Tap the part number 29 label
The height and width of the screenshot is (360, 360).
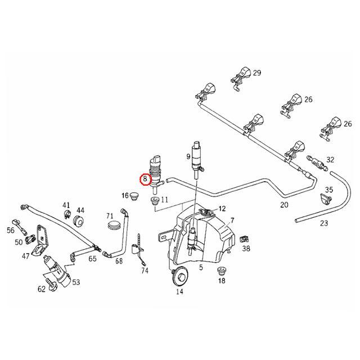coord(257,74)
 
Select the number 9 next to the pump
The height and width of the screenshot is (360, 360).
coord(188,155)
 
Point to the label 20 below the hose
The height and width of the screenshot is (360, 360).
coord(284,205)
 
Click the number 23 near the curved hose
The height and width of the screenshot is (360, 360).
coord(323,223)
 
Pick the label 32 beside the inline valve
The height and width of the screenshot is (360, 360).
coord(330,160)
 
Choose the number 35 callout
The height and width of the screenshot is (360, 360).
coord(329,190)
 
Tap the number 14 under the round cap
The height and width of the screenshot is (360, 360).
coord(180,291)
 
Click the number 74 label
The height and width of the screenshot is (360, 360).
coord(145,271)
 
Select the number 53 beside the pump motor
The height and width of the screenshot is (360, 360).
coord(76,282)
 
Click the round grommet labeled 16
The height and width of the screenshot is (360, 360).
coord(134,196)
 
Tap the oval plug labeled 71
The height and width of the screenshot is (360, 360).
coord(114,225)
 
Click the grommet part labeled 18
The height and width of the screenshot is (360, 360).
coord(222,273)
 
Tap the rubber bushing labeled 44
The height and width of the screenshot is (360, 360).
coord(78,218)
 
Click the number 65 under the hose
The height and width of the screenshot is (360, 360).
coord(93,259)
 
